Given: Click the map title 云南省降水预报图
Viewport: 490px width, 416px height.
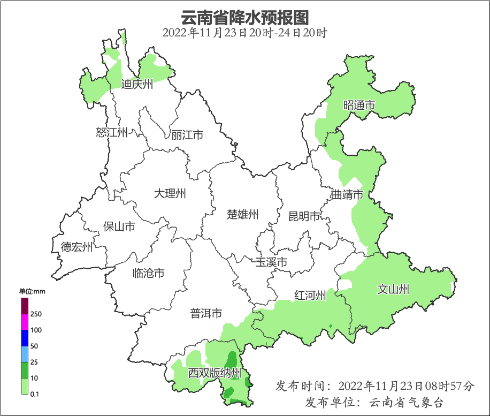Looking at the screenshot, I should [244, 18].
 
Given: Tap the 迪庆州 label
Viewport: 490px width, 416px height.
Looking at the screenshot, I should [137, 84].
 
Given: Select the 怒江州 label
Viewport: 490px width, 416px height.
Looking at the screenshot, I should [112, 132].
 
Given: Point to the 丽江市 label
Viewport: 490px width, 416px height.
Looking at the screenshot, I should [187, 135].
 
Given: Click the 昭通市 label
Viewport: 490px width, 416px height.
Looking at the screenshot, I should [359, 105].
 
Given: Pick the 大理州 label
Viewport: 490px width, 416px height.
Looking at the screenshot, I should [170, 193].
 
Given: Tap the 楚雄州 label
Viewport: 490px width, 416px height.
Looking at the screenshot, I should [243, 215].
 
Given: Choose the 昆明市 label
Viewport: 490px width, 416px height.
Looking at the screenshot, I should [304, 216].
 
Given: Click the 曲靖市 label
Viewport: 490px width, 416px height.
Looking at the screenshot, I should [347, 195].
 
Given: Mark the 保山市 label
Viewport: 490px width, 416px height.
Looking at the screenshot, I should [119, 226].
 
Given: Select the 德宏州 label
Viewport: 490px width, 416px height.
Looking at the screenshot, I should [76, 247].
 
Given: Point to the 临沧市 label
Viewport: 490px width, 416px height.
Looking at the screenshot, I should [148, 273].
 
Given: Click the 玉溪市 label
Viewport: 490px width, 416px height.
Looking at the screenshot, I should [271, 262].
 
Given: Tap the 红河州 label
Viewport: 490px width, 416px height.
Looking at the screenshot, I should [310, 296].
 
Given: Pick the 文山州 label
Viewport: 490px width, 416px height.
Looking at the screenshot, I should [393, 290].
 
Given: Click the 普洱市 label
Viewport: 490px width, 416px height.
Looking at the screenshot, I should [206, 313].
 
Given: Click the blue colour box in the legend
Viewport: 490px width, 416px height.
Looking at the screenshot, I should [25, 338].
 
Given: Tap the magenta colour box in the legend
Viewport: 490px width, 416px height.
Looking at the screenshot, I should [25, 322].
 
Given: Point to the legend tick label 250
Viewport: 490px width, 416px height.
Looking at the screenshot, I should [36, 314].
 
